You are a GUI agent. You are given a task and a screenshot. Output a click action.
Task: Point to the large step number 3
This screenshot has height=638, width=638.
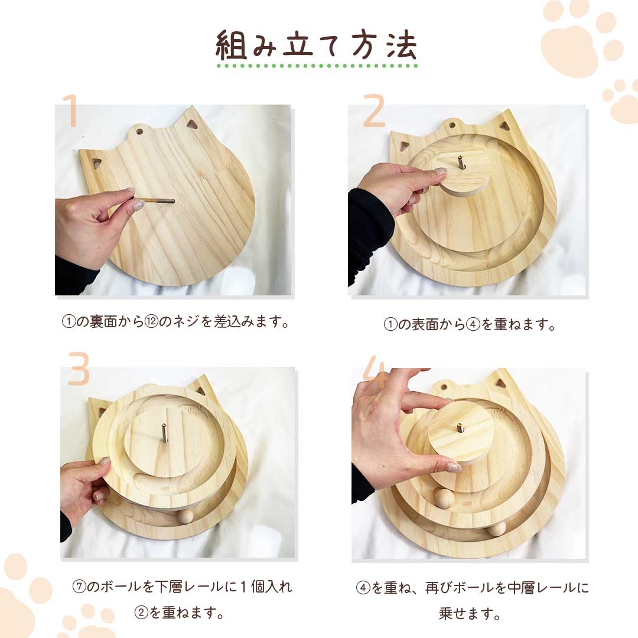[x=79, y=369]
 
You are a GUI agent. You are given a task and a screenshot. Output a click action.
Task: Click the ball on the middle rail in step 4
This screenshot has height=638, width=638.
[x=443, y=498]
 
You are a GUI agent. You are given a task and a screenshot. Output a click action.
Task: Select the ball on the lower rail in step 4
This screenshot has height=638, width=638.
[x=496, y=528]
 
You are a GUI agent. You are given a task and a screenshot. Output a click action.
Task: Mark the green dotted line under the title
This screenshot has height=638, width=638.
[x=317, y=66]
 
